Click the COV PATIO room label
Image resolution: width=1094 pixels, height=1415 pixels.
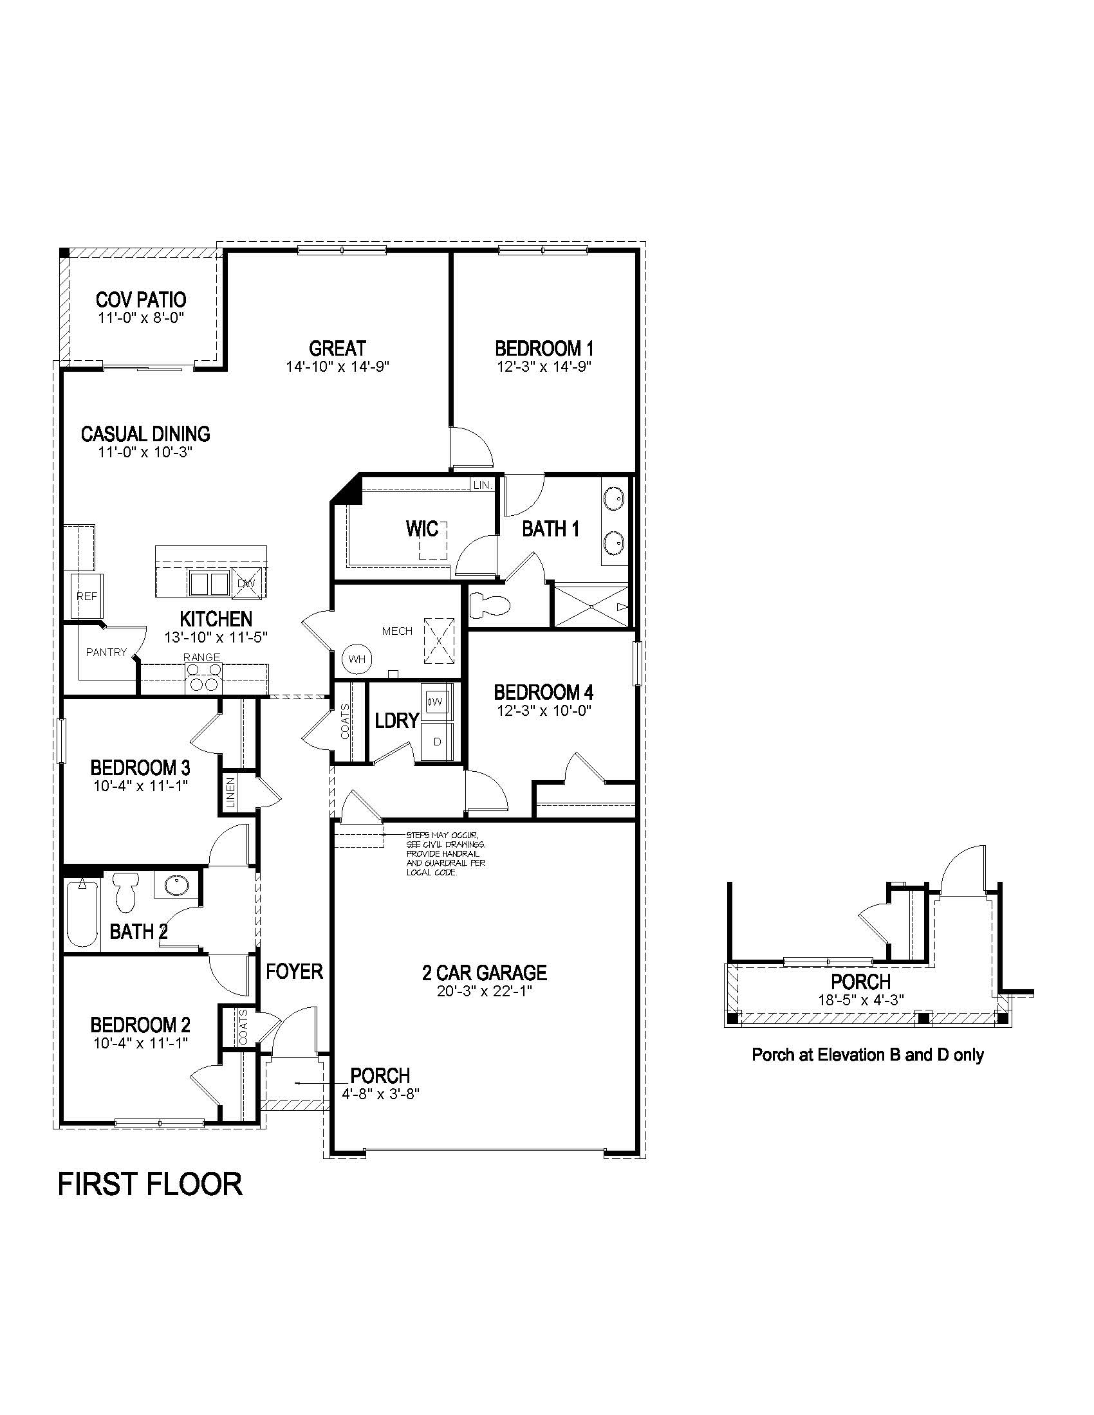pos(141,300)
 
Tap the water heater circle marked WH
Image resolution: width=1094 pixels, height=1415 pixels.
pos(357,659)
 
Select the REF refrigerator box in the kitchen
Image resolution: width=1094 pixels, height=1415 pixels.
pos(86,597)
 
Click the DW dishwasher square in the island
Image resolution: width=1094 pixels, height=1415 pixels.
pos(246,583)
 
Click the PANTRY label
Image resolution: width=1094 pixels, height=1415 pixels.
pos(106,652)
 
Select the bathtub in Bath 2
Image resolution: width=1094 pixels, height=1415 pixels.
pos(82,913)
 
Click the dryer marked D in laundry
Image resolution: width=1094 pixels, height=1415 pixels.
pos(438,741)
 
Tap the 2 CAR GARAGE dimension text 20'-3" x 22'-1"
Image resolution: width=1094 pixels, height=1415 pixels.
pos(484,992)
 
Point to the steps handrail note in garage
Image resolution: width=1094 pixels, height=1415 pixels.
pos(445,854)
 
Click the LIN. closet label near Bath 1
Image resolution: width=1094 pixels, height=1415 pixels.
pos(483,484)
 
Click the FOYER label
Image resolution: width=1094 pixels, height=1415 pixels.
pos(294,971)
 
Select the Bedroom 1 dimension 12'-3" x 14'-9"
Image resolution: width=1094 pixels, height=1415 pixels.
pos(544,366)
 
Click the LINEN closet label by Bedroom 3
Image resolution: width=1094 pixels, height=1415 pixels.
pos(230,792)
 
